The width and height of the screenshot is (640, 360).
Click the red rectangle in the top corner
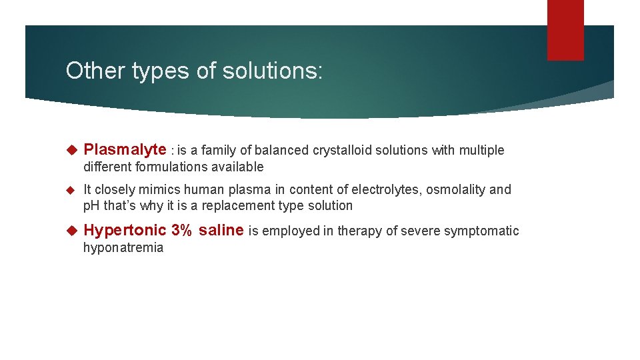point(565,29)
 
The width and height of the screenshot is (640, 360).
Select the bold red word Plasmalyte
point(125,150)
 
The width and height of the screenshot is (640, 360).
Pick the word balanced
point(283,151)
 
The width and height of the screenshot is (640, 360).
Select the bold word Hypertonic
point(125,231)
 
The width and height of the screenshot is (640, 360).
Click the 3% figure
point(182,231)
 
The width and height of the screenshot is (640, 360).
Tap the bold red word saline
point(221,231)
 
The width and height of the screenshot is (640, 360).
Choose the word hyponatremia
point(123,248)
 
